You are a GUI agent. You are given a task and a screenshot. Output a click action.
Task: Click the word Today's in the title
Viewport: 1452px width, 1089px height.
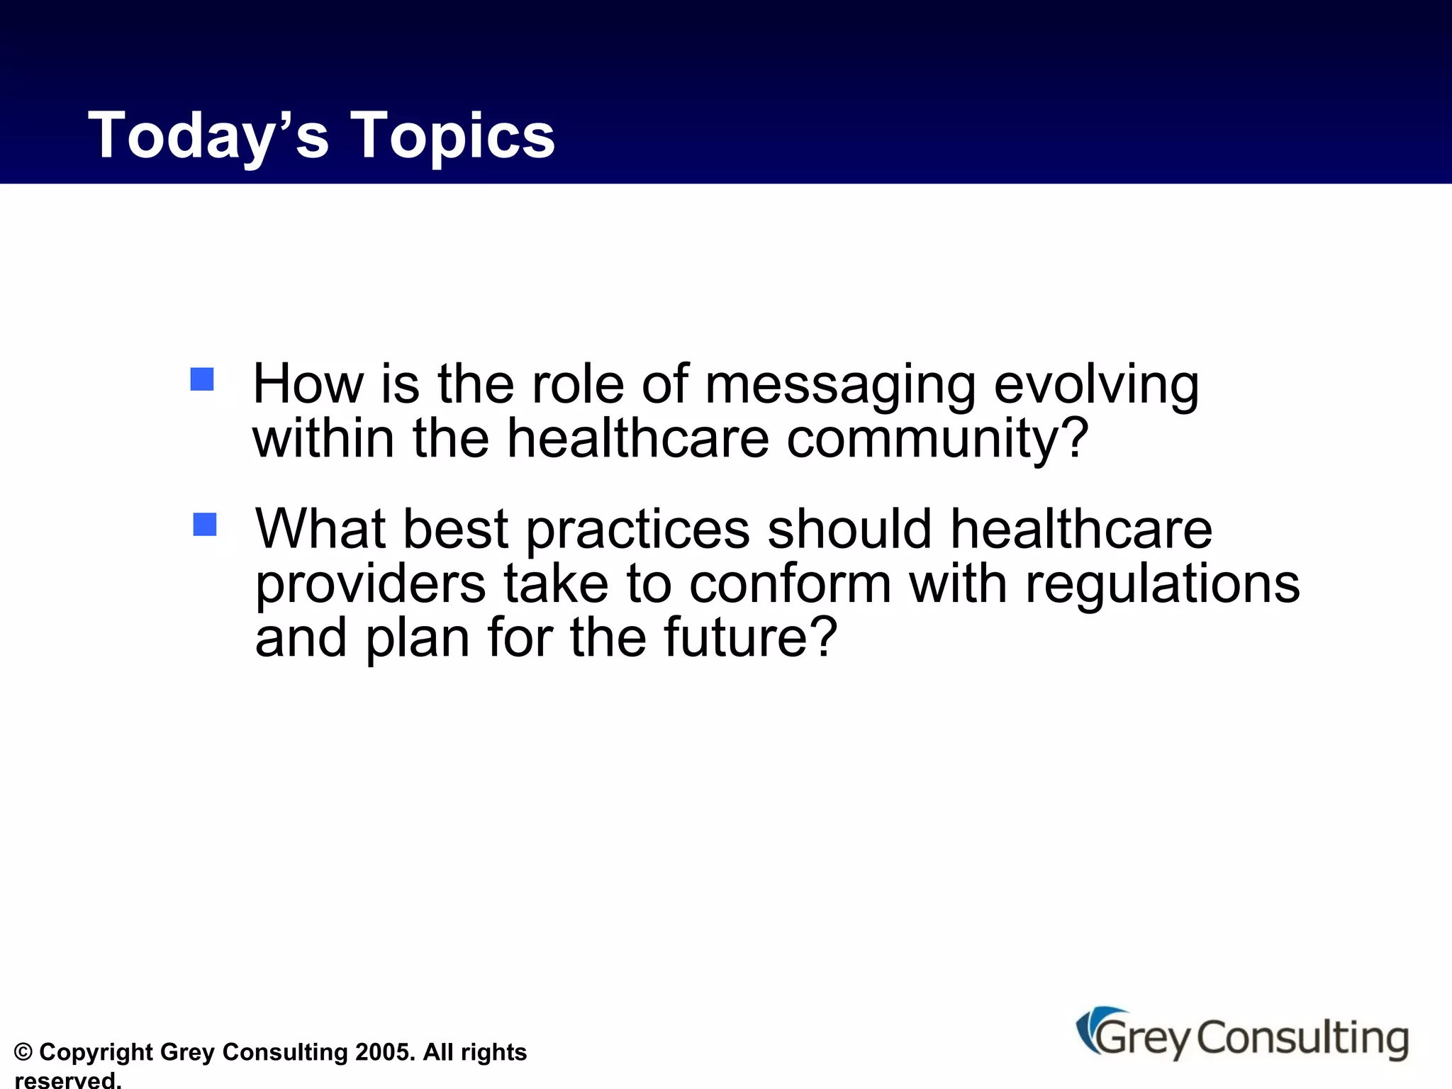[208, 135]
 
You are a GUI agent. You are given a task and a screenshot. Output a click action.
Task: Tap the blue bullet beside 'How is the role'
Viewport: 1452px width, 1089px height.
[202, 379]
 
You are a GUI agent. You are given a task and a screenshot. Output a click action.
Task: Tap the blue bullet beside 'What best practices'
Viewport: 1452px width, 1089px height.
[205, 525]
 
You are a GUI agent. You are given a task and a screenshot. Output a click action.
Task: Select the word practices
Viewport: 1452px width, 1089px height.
[637, 530]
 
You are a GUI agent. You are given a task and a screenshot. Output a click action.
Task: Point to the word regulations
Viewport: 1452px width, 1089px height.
[1163, 585]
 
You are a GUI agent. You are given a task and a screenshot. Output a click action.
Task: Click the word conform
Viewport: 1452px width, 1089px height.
[790, 583]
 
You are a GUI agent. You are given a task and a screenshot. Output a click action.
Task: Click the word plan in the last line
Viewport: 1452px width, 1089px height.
[418, 639]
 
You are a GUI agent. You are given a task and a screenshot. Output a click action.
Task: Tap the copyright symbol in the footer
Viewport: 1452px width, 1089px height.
[23, 1052]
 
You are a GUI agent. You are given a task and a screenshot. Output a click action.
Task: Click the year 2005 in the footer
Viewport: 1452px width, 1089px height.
[384, 1052]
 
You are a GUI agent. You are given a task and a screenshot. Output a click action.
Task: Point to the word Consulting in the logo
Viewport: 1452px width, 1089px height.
[1302, 1039]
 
